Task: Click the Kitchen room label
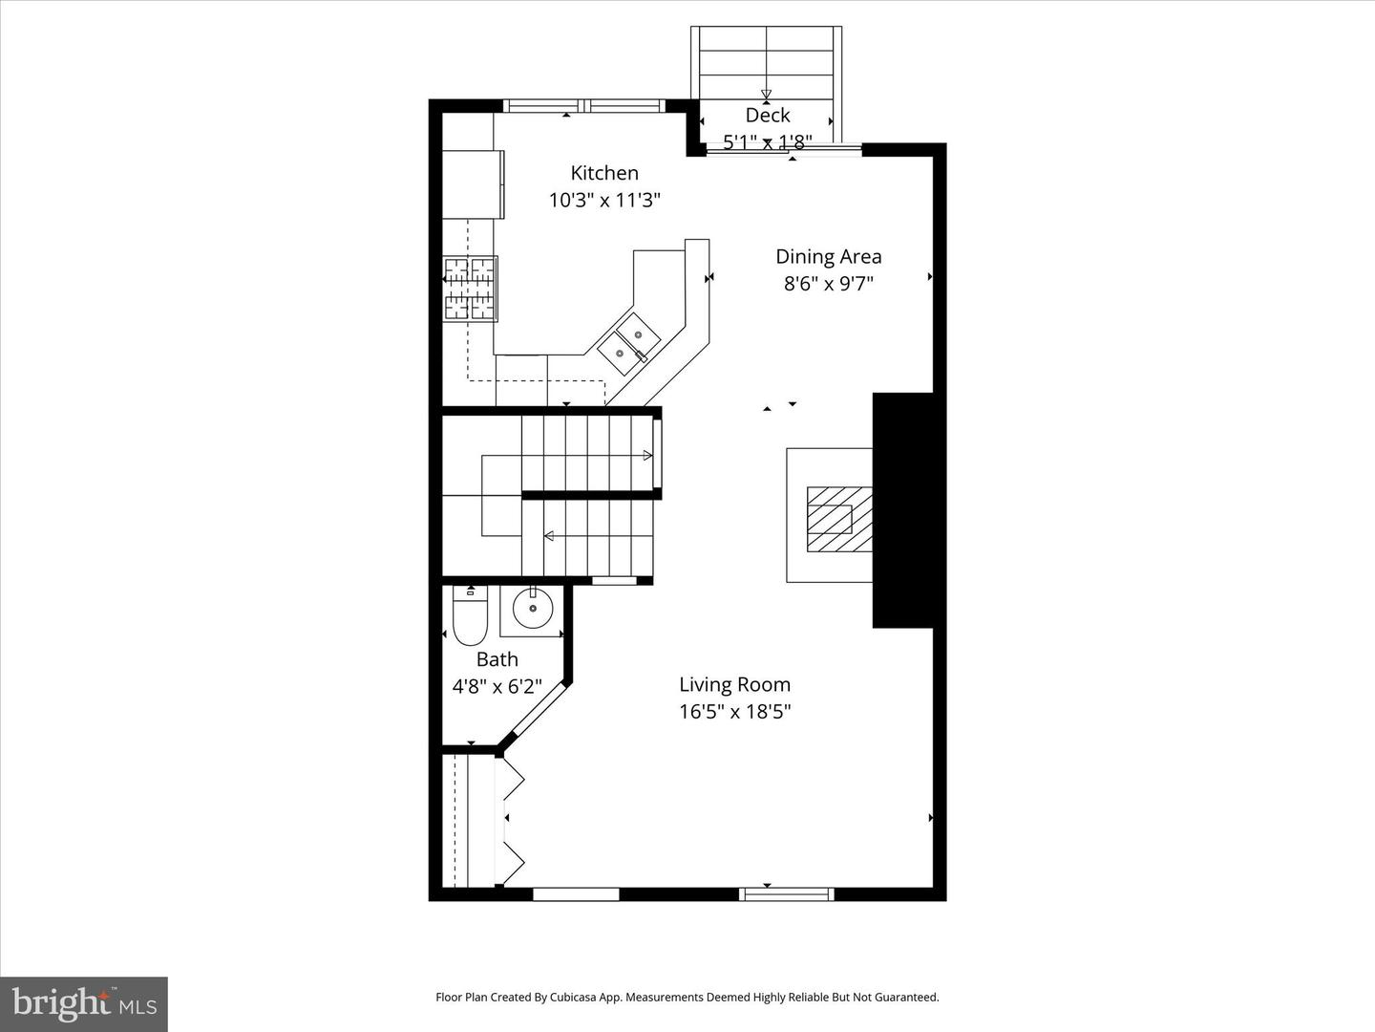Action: click(x=604, y=173)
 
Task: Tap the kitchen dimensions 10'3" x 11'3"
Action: click(x=604, y=201)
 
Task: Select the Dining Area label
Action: click(x=828, y=256)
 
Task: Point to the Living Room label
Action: click(x=734, y=684)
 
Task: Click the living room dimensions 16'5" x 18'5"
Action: click(x=734, y=712)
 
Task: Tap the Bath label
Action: click(x=497, y=659)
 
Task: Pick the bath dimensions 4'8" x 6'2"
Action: click(x=497, y=687)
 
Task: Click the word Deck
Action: click(x=768, y=116)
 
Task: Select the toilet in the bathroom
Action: click(x=470, y=616)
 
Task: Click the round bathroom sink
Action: click(x=532, y=607)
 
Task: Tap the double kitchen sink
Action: click(x=628, y=343)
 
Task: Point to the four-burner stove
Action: click(x=471, y=288)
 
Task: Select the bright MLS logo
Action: click(x=84, y=1003)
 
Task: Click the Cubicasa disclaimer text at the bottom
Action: click(x=687, y=997)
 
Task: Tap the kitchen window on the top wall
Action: click(x=583, y=106)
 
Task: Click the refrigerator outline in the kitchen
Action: click(x=474, y=184)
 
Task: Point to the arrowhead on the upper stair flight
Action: click(x=647, y=456)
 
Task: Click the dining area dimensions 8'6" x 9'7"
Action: click(x=828, y=284)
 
